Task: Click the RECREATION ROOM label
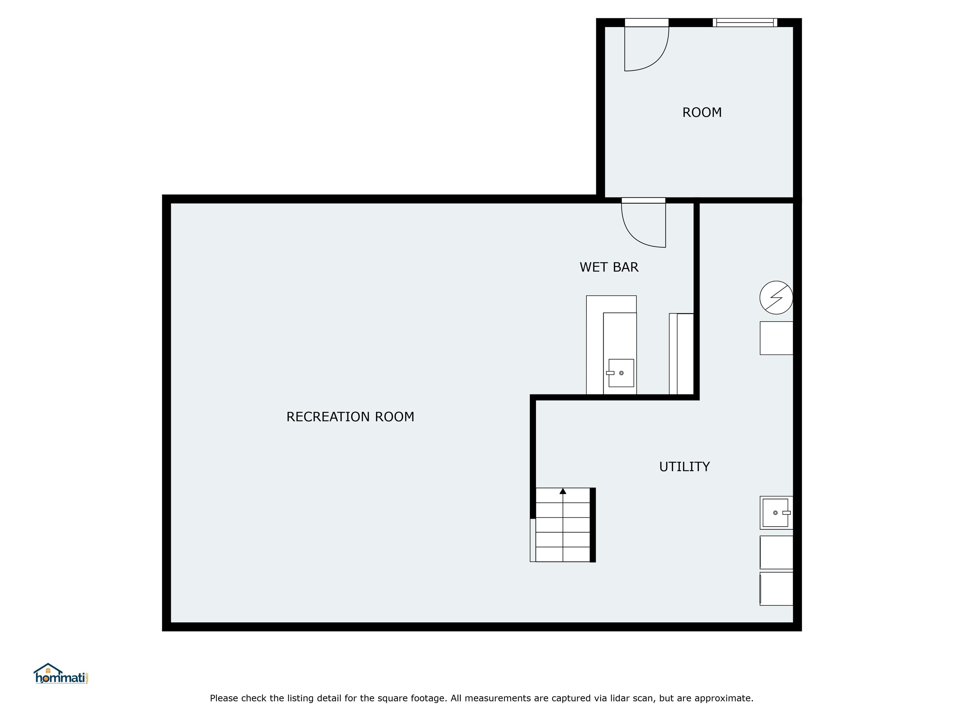point(350,417)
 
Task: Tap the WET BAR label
point(609,267)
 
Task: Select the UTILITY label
point(684,467)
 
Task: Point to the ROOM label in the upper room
point(702,112)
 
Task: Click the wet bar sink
point(621,373)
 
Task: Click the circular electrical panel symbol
point(776,298)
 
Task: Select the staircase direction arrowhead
point(563,491)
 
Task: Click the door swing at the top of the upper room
point(645,48)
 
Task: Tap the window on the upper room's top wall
point(745,23)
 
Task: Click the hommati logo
point(61,674)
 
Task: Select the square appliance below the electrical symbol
point(776,338)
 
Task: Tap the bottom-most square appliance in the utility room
point(776,589)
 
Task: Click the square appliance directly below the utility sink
point(776,552)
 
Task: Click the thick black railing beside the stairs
point(593,525)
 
